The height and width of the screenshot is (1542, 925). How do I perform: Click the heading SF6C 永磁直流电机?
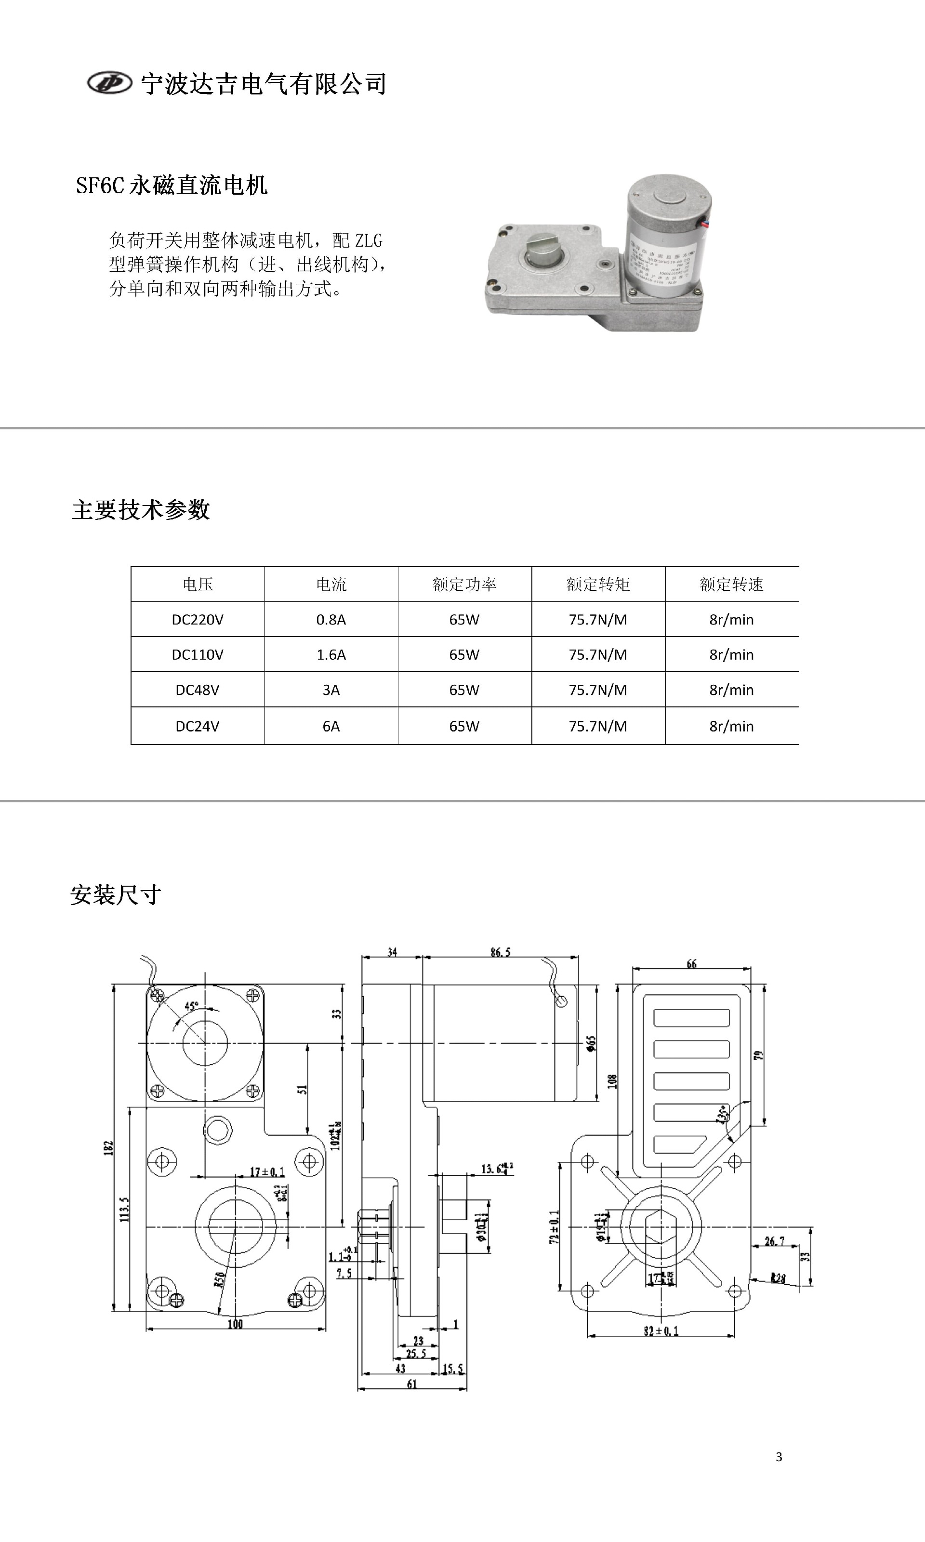(x=172, y=185)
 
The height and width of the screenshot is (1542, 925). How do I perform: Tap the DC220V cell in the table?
(x=198, y=620)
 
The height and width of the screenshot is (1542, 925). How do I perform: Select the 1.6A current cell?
(x=331, y=654)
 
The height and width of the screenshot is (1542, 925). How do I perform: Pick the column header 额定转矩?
(x=598, y=584)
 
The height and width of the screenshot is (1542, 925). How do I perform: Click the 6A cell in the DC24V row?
(x=331, y=726)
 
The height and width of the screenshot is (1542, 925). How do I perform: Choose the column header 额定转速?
(x=731, y=584)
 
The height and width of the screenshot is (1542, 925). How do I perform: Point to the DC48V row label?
(x=198, y=690)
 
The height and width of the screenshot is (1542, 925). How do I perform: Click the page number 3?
(x=779, y=1457)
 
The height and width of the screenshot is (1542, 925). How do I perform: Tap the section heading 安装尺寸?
(x=116, y=895)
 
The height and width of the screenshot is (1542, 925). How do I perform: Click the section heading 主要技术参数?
(x=141, y=510)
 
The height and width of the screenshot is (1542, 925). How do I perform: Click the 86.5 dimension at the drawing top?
(x=500, y=952)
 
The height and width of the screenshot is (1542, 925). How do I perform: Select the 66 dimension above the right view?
(x=691, y=964)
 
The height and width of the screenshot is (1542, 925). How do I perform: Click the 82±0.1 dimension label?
(x=661, y=1331)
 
